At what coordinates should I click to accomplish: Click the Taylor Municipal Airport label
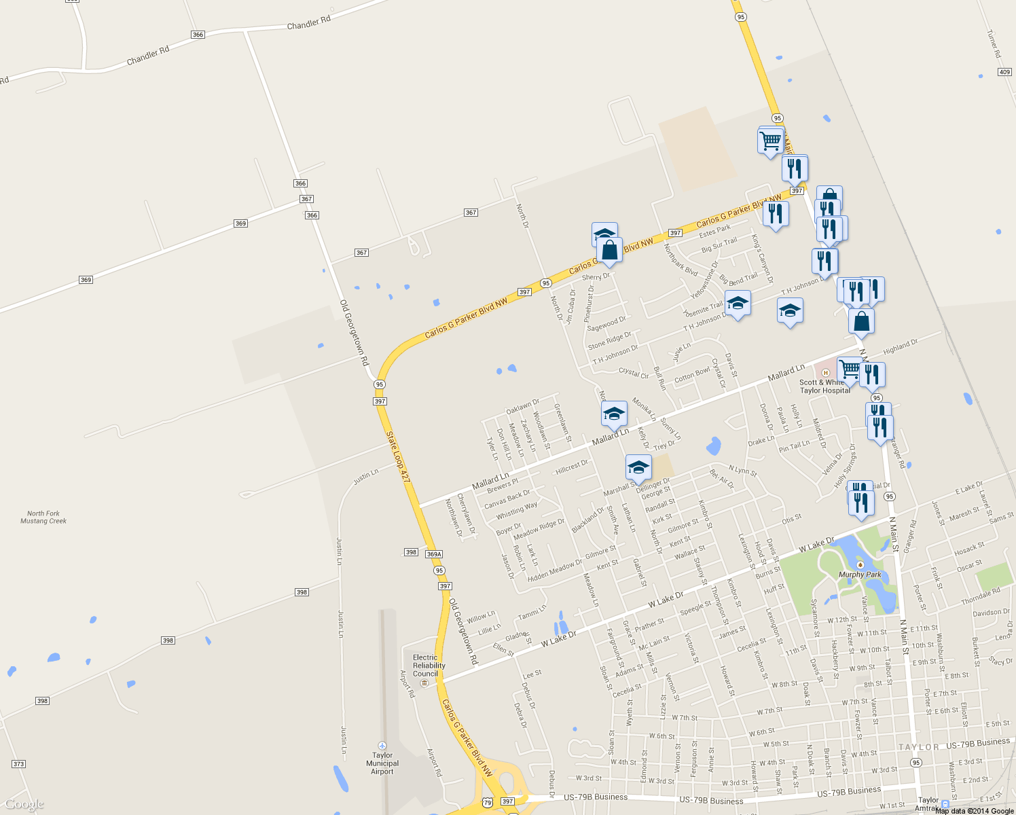[x=382, y=763]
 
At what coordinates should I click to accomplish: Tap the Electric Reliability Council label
[x=429, y=666]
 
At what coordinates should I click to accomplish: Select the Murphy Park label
[x=860, y=575]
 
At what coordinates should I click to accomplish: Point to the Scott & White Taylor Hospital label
[x=824, y=386]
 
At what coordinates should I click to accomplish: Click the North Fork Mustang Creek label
[x=43, y=518]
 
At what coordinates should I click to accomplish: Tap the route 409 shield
[x=1004, y=72]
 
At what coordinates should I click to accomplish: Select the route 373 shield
[x=18, y=764]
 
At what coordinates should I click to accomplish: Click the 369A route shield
[x=434, y=554]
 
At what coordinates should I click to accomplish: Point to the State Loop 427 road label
[x=398, y=457]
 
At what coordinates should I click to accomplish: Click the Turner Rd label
[x=994, y=43]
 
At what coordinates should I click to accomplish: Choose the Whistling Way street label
[x=516, y=509]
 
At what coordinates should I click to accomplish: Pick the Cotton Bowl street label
[x=692, y=375]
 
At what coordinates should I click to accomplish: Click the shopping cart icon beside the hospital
[x=849, y=369]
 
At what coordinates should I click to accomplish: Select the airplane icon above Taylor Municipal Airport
[x=382, y=746]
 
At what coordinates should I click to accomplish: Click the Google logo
[x=24, y=805]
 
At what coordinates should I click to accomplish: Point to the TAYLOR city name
[x=918, y=747]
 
